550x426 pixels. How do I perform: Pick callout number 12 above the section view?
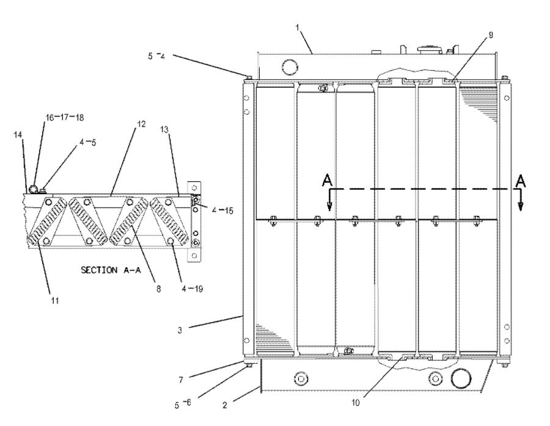tap(141, 124)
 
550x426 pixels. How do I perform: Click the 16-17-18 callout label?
tap(64, 117)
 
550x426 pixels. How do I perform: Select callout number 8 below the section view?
tap(159, 291)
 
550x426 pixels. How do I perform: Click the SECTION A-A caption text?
tap(111, 270)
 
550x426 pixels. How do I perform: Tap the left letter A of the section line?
tap(328, 181)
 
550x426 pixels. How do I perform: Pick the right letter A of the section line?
tap(521, 181)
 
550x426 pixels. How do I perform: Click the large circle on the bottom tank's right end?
tap(461, 380)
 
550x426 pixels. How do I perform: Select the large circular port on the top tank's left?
tap(287, 66)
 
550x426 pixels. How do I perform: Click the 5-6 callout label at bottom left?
tap(182, 403)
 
